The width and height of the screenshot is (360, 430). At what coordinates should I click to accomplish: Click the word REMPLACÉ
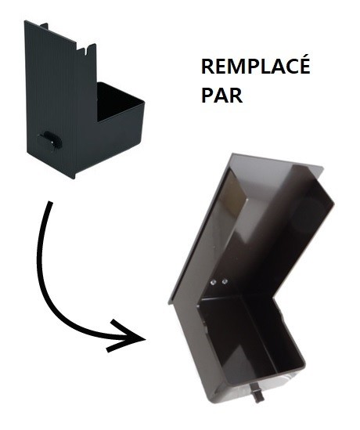pos(256,64)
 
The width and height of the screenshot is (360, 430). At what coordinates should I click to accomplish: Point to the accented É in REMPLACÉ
pos(304,64)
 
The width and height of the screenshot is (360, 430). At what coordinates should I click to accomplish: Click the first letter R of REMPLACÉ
pos(207,67)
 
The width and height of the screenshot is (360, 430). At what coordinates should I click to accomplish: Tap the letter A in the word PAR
pos(222,95)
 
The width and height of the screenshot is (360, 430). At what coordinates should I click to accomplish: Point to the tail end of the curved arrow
pos(50,202)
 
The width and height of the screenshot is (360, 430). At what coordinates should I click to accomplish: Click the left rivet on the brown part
pos(213,282)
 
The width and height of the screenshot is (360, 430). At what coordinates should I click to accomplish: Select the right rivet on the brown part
pos(225,281)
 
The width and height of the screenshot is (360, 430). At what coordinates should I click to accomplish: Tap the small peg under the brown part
pos(257,394)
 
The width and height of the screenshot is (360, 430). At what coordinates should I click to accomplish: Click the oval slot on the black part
pos(50,139)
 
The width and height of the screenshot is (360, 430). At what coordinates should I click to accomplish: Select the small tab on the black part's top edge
pos(44,26)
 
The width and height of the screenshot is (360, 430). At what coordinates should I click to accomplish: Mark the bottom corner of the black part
pos(74,179)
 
